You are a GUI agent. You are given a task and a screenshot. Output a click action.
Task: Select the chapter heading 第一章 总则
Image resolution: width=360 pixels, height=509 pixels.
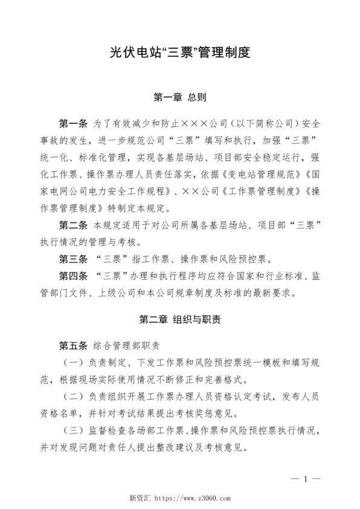click(x=180, y=96)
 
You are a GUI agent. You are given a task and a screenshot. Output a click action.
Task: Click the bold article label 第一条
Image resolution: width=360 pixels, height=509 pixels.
click(x=73, y=123)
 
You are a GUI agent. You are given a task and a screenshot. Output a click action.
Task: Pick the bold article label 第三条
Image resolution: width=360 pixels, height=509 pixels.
click(x=73, y=260)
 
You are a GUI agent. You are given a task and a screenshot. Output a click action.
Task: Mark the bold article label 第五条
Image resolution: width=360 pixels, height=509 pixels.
click(x=73, y=346)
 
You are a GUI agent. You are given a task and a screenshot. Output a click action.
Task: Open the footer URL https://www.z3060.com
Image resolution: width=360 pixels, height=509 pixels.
click(x=194, y=499)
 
